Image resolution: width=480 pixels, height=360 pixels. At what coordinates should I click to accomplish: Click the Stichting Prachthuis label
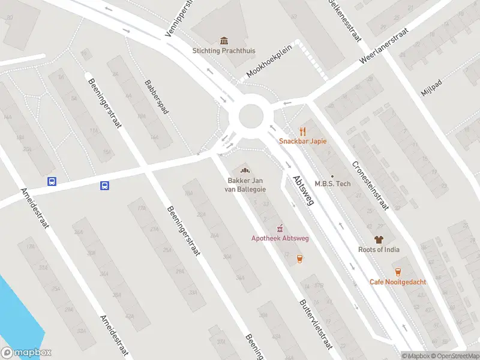pos(223,51)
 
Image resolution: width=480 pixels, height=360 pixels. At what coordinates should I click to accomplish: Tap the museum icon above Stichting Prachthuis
pos(224,41)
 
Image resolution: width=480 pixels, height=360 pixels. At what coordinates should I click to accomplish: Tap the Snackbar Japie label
pos(302,142)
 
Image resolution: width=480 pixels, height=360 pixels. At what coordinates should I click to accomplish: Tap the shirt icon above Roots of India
pos(379,239)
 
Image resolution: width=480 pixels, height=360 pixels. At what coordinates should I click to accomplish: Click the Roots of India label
pos(379,250)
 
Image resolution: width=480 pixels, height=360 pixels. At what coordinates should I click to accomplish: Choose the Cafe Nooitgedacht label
pos(397,282)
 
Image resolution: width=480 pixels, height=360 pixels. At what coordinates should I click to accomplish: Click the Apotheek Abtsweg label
pos(280,239)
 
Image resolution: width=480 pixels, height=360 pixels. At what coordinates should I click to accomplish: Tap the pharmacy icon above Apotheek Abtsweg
pos(280,228)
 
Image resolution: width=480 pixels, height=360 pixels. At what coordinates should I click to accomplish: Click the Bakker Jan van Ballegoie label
pos(247,185)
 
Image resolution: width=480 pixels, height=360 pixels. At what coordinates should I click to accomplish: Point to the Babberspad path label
pos(156,97)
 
